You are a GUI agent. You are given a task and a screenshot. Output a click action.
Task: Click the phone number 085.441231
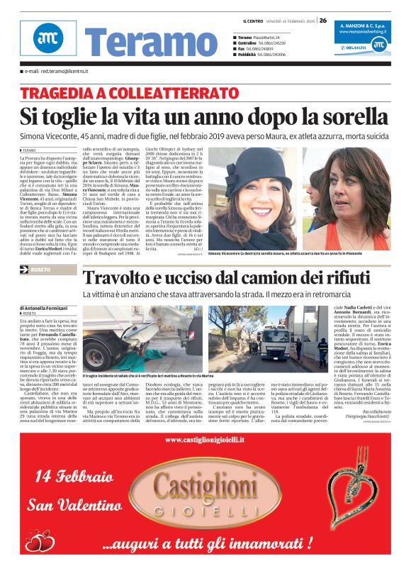tap(341, 48)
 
